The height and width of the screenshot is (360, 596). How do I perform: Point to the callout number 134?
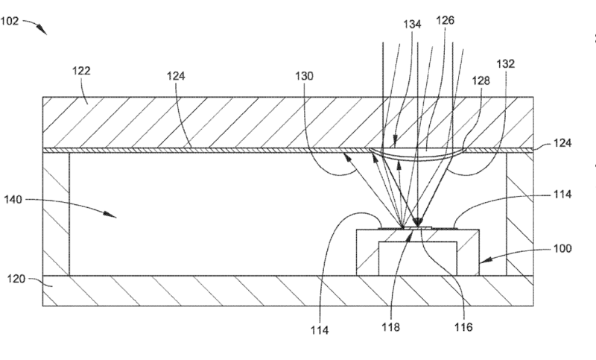tap(413, 25)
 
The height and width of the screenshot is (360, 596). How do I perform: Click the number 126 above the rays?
tap(446, 21)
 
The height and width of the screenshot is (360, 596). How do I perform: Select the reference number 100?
tap(563, 248)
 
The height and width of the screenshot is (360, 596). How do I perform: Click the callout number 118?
tap(390, 326)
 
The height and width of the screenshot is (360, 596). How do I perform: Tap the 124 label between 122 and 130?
tap(176, 76)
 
